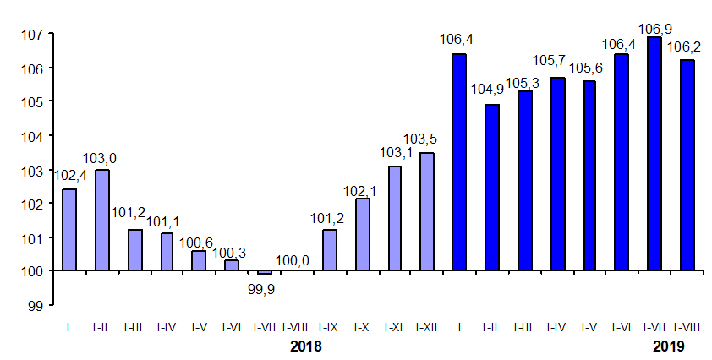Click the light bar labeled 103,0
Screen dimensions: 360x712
(x=102, y=220)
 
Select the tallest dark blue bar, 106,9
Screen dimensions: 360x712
(x=654, y=154)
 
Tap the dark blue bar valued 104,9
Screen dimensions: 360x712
(x=492, y=188)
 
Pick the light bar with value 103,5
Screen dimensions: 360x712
(x=427, y=211)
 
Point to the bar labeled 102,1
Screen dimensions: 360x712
(x=362, y=235)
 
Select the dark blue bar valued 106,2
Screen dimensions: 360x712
(x=687, y=165)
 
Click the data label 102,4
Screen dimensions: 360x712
(x=70, y=176)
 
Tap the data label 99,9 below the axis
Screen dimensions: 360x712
(x=264, y=289)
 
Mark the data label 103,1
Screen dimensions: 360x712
(x=395, y=152)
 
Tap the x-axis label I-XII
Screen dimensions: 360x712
(x=427, y=326)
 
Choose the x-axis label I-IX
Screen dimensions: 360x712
(x=330, y=326)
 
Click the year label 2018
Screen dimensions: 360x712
(x=306, y=346)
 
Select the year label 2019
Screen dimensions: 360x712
(x=668, y=346)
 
